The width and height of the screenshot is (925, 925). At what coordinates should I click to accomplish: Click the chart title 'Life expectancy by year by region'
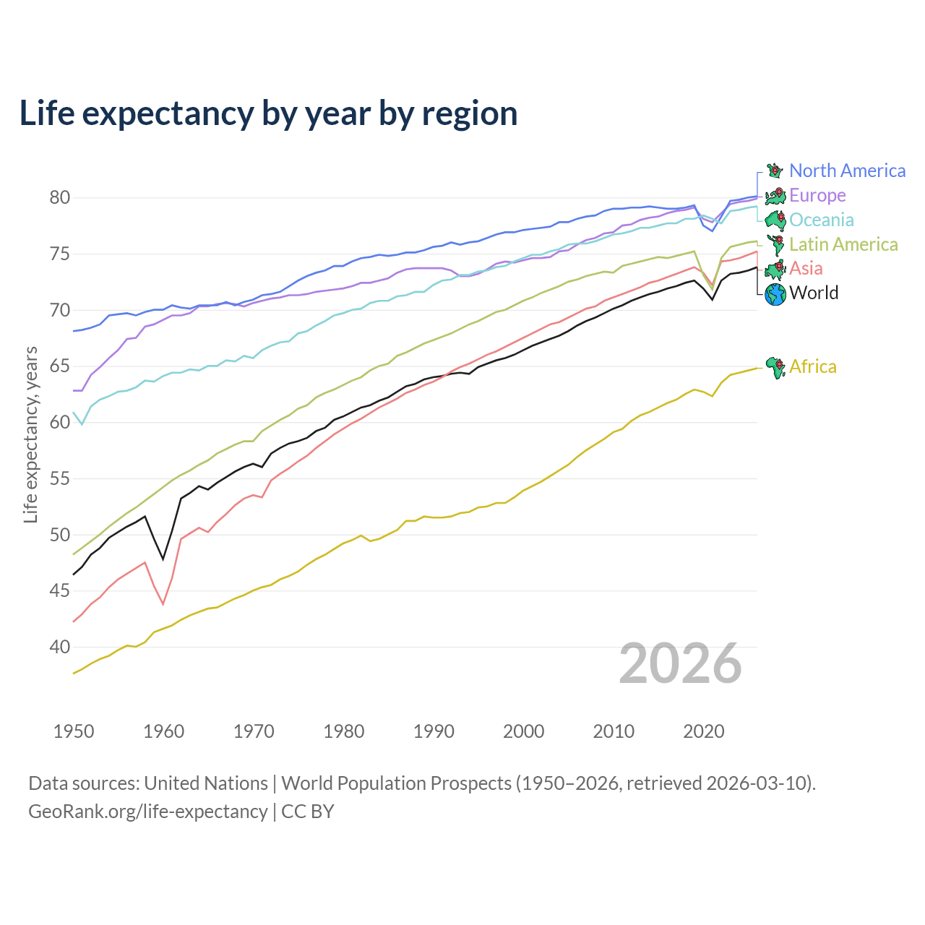click(x=268, y=114)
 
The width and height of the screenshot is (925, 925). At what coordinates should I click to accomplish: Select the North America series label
click(x=847, y=171)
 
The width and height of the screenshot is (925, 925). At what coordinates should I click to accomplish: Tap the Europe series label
click(x=817, y=195)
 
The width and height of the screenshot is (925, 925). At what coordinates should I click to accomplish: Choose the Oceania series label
click(x=822, y=220)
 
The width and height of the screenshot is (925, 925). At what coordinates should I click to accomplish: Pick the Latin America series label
click(x=843, y=244)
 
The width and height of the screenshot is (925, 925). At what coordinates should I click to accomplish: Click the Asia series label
click(x=806, y=268)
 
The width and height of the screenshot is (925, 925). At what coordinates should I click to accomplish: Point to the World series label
click(x=814, y=293)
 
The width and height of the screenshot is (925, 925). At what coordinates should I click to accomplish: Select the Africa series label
click(x=813, y=366)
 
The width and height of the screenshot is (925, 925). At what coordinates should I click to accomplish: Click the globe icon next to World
click(x=775, y=294)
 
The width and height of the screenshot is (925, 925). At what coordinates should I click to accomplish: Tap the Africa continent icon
click(x=775, y=367)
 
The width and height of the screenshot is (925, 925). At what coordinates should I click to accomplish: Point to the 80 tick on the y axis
click(x=59, y=197)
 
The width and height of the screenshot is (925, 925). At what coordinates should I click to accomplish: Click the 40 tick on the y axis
click(x=59, y=647)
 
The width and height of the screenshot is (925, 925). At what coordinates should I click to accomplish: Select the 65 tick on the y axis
click(x=59, y=366)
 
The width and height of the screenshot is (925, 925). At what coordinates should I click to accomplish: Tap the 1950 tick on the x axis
click(x=74, y=731)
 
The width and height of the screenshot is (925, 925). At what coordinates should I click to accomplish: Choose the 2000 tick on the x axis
click(x=523, y=731)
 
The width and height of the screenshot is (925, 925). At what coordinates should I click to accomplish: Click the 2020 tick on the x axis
click(x=703, y=731)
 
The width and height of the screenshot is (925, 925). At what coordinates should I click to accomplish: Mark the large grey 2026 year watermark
click(x=680, y=663)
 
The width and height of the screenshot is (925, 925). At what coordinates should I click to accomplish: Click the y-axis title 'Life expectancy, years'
click(x=30, y=434)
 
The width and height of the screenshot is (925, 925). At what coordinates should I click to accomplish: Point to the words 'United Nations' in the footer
click(x=206, y=783)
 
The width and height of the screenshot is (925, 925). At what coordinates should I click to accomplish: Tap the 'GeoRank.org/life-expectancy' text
click(x=147, y=812)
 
